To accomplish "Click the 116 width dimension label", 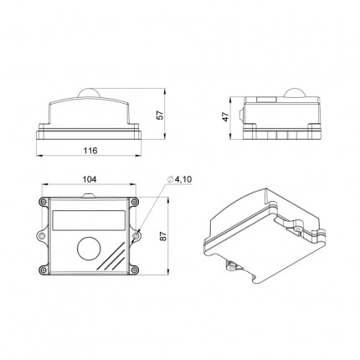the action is point(90,151).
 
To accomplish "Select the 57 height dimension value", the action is point(161,115).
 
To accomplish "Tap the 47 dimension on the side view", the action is point(225,116).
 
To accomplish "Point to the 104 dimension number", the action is point(90,179).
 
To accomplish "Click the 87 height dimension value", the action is point(163,236).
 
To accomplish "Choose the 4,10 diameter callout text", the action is point(183,179).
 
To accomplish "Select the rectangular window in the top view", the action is point(89,220).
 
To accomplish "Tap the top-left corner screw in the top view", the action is point(43,202).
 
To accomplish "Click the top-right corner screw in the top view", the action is point(135,202).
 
